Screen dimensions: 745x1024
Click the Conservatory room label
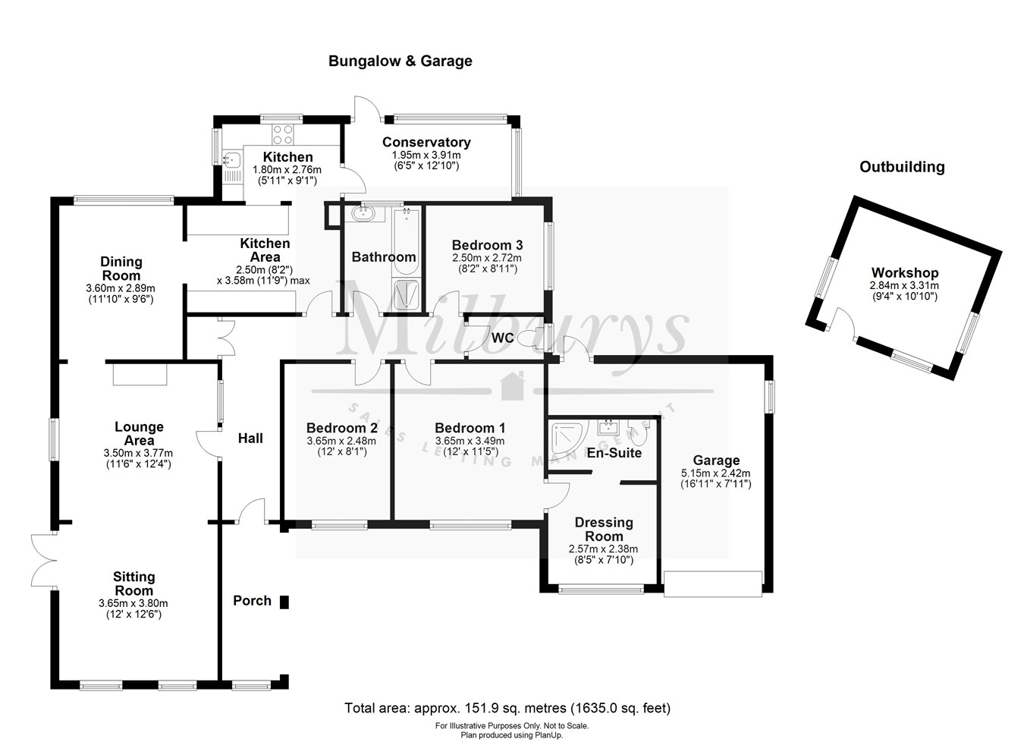(426, 143)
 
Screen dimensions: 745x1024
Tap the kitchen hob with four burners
(282, 134)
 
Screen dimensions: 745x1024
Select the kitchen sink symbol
(232, 160)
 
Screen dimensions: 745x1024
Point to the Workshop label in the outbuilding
(904, 273)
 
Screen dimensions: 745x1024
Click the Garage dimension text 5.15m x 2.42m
(715, 473)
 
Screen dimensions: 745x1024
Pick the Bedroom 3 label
(487, 245)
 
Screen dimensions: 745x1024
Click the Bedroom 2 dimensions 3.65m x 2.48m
(341, 441)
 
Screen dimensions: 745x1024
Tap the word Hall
(250, 438)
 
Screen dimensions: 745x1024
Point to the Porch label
(252, 601)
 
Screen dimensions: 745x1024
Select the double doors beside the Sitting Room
(43, 560)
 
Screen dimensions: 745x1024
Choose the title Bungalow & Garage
(400, 61)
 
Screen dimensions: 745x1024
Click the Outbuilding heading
(901, 167)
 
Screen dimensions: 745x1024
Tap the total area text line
(507, 709)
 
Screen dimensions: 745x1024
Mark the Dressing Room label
(604, 529)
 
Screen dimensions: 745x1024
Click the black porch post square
(284, 602)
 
